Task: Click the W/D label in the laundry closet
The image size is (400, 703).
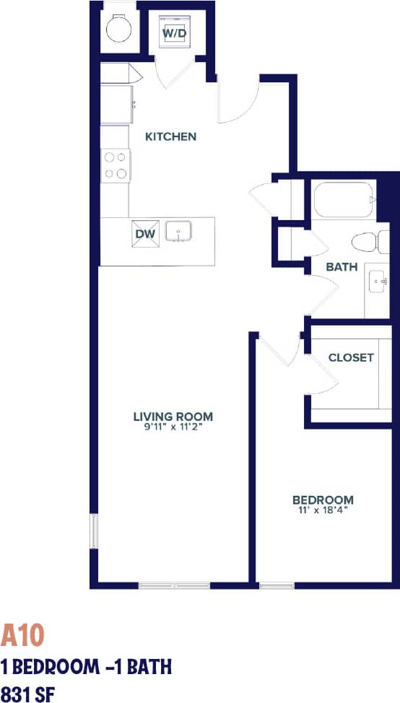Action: pos(173,33)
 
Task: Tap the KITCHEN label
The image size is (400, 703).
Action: pos(170,136)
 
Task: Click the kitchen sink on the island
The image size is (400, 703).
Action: pos(178,232)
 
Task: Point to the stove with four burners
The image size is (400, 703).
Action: pos(115,165)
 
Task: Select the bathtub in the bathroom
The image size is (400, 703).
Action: pos(343,198)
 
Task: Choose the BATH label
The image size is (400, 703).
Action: pos(342,266)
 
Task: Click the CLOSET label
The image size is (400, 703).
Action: pos(351,357)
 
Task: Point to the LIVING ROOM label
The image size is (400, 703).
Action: pos(173,416)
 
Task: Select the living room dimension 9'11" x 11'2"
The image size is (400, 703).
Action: pos(173,427)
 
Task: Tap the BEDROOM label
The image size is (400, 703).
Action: pos(323,499)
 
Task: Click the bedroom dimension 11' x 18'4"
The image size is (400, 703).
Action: pos(323,510)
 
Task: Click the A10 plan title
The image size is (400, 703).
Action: pos(23,635)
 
